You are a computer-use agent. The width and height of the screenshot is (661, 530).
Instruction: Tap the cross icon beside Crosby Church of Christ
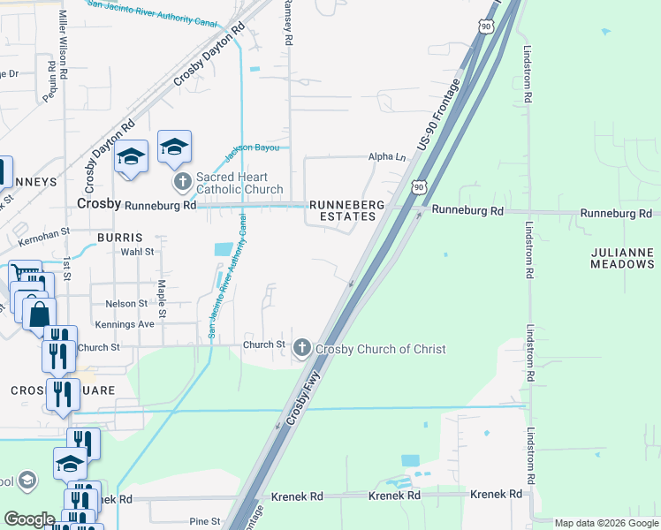[301, 349]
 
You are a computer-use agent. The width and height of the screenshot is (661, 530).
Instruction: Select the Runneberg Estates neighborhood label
[346, 210]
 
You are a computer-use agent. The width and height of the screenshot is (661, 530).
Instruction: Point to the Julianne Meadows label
[622, 257]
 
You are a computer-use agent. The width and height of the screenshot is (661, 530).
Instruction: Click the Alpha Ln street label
[386, 157]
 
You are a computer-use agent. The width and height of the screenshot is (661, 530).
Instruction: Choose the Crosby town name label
[97, 203]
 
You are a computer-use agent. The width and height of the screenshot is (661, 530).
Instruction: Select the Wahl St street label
[137, 252]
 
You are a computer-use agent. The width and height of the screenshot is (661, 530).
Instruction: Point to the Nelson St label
[120, 304]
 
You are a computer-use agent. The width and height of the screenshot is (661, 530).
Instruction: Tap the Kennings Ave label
[129, 324]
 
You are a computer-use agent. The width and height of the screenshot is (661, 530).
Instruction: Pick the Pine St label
[203, 522]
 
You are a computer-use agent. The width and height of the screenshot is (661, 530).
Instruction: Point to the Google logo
[29, 519]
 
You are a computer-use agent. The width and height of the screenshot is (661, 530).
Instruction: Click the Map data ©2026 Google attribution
[605, 523]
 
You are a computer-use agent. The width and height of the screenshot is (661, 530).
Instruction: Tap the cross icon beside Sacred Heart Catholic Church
[183, 183]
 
